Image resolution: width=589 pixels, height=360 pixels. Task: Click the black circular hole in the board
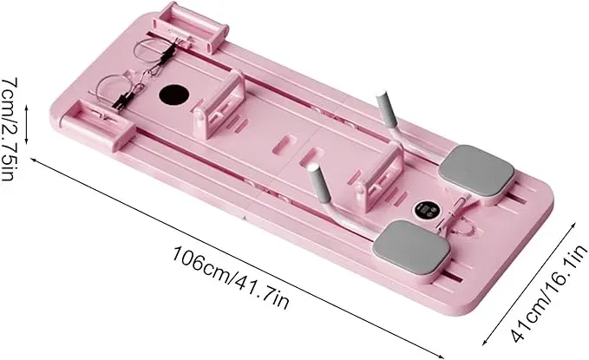(x=173, y=95)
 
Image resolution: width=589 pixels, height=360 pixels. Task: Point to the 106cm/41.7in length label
(x=231, y=278)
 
